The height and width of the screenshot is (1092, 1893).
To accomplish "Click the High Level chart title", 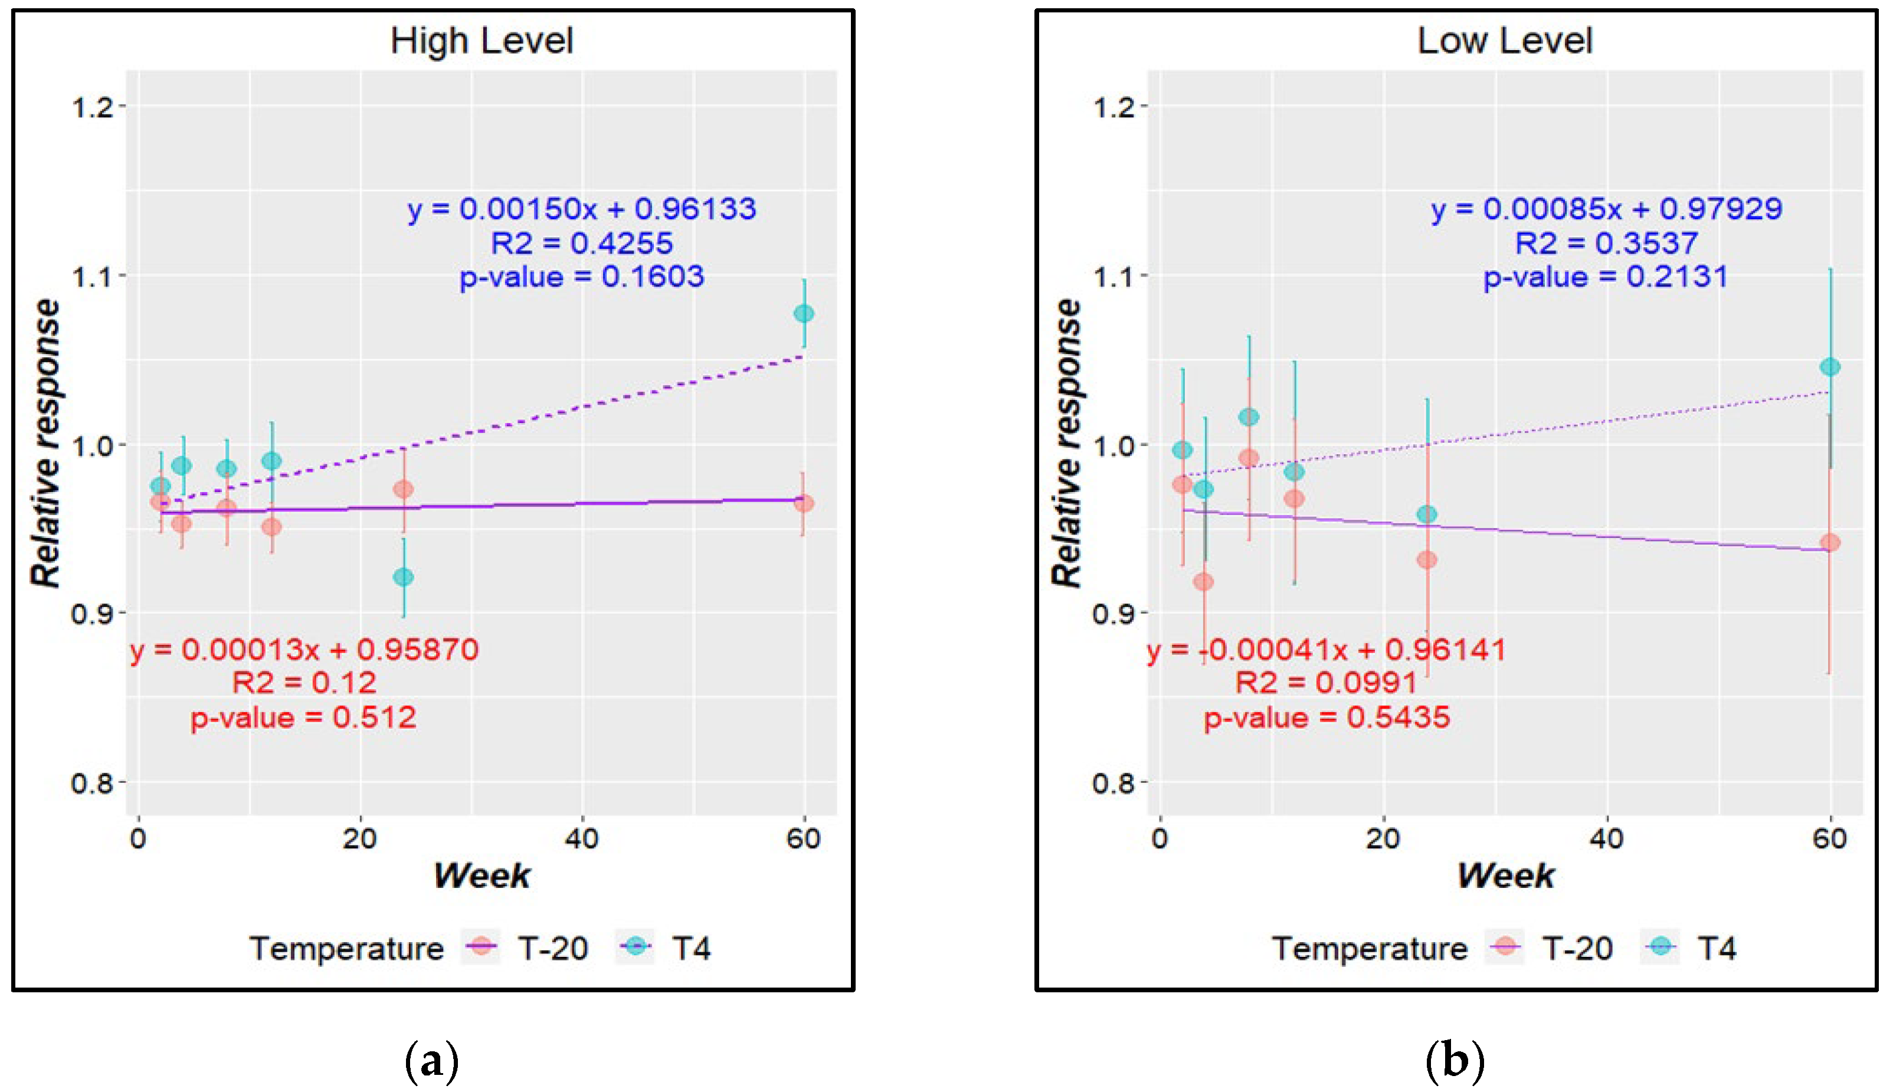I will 482,41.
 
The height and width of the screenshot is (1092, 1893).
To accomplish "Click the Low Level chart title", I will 1505,41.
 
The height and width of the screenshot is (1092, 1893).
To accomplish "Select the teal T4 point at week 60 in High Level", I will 803,313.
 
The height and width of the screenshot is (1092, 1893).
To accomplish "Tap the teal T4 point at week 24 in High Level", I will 404,577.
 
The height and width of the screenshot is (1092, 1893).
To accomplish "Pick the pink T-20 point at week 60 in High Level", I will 803,503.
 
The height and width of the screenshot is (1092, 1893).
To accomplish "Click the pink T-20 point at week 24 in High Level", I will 404,490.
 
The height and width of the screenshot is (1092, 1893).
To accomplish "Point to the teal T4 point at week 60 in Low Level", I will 1830,367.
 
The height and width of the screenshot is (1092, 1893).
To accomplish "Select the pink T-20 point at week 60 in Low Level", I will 1830,542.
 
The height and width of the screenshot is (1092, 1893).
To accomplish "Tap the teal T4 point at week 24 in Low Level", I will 1426,514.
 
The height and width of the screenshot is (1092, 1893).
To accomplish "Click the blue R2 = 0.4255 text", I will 581,243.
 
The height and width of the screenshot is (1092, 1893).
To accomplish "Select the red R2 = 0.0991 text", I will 1326,683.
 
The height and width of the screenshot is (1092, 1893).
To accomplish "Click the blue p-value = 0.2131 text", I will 1606,277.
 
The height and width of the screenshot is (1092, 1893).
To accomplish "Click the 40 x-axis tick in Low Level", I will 1606,838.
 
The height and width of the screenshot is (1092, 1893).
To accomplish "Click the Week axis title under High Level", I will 482,875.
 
